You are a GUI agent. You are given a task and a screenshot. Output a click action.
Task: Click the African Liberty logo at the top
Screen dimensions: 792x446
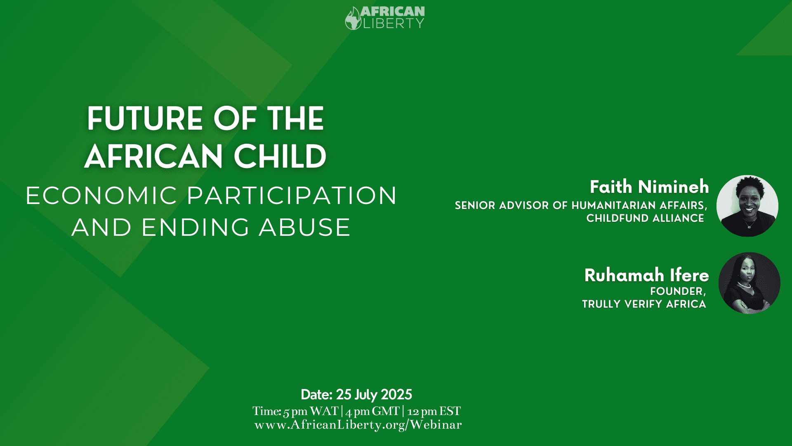(x=385, y=18)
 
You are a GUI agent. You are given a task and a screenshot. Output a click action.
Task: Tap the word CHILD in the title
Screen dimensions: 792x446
(x=280, y=157)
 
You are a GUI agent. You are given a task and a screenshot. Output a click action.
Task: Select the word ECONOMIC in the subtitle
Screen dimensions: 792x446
(x=101, y=195)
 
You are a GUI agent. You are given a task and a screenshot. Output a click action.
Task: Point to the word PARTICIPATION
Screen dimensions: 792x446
(x=292, y=195)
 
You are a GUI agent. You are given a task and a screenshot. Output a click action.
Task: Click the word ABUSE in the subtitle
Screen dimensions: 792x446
(x=305, y=227)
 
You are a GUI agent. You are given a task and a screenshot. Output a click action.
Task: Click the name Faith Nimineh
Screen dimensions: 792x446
(x=649, y=187)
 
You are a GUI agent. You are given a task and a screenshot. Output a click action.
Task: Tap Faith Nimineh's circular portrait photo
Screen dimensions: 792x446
(x=747, y=206)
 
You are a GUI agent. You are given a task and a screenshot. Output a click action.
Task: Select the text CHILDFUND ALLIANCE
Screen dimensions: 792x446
(x=645, y=218)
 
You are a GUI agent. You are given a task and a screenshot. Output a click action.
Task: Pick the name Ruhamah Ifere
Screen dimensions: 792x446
(x=646, y=275)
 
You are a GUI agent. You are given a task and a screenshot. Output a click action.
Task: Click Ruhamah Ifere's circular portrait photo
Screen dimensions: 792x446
(x=749, y=283)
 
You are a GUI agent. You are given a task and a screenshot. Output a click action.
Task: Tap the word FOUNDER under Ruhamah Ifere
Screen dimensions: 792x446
(x=676, y=291)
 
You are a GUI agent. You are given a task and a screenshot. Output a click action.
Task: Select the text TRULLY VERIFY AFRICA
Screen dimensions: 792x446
(x=644, y=304)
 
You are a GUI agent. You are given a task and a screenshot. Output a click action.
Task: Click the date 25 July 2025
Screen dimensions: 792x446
(x=374, y=395)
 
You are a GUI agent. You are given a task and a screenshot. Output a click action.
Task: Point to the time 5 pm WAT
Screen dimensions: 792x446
(x=311, y=411)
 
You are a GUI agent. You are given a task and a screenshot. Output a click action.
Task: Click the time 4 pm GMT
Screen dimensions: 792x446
(x=372, y=411)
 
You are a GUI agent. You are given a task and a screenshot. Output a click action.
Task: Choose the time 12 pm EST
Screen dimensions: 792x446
(x=434, y=411)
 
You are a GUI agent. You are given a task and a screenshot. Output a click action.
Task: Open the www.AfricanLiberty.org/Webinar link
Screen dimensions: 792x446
(x=358, y=425)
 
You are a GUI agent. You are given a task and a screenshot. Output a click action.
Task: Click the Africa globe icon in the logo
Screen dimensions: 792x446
(x=353, y=19)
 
